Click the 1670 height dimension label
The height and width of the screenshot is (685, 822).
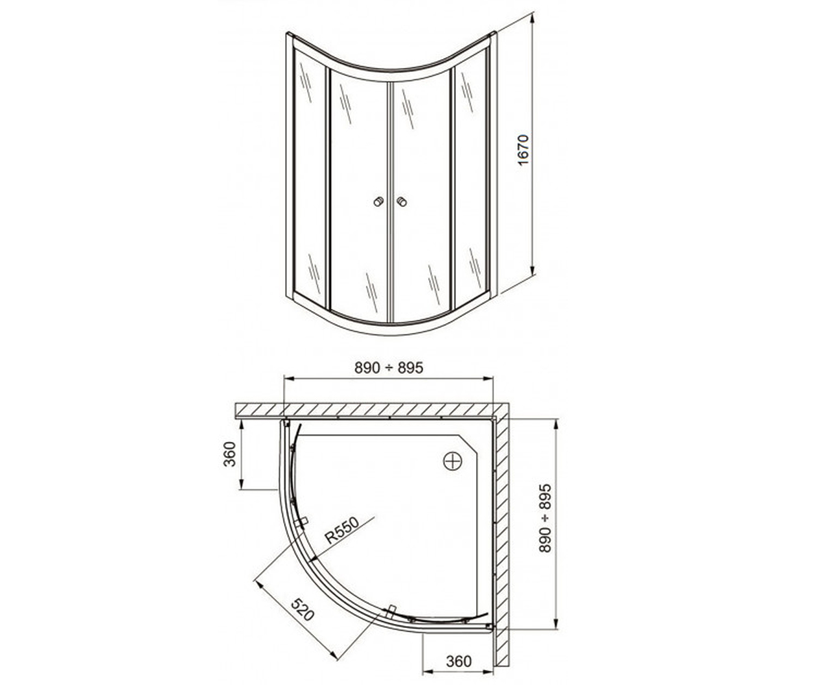(x=523, y=150)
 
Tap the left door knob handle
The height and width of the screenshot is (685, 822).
(x=378, y=202)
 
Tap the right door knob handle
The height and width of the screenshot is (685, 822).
(x=401, y=202)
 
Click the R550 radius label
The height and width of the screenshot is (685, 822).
(x=342, y=530)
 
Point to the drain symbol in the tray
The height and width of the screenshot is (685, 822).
(x=453, y=461)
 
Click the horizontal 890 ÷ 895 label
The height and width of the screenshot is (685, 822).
(x=388, y=368)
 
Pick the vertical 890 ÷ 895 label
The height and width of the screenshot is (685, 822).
(x=545, y=518)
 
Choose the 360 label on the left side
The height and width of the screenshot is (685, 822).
(x=229, y=454)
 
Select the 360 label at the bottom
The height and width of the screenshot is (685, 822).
(x=459, y=661)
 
